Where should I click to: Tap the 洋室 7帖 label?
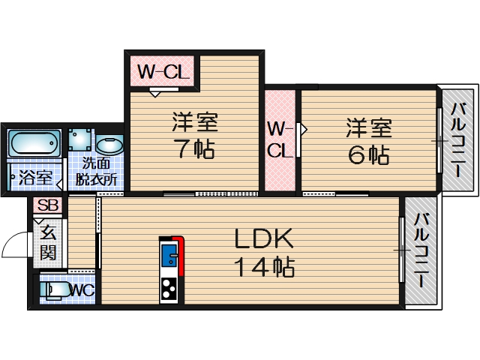tap(194, 136)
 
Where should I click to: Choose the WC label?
tap(82, 288)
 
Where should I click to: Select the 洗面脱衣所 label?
tap(99, 171)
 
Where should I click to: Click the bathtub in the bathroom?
tap(34, 142)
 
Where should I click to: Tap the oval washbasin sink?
tap(110, 145)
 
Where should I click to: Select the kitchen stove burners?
tap(169, 288)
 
